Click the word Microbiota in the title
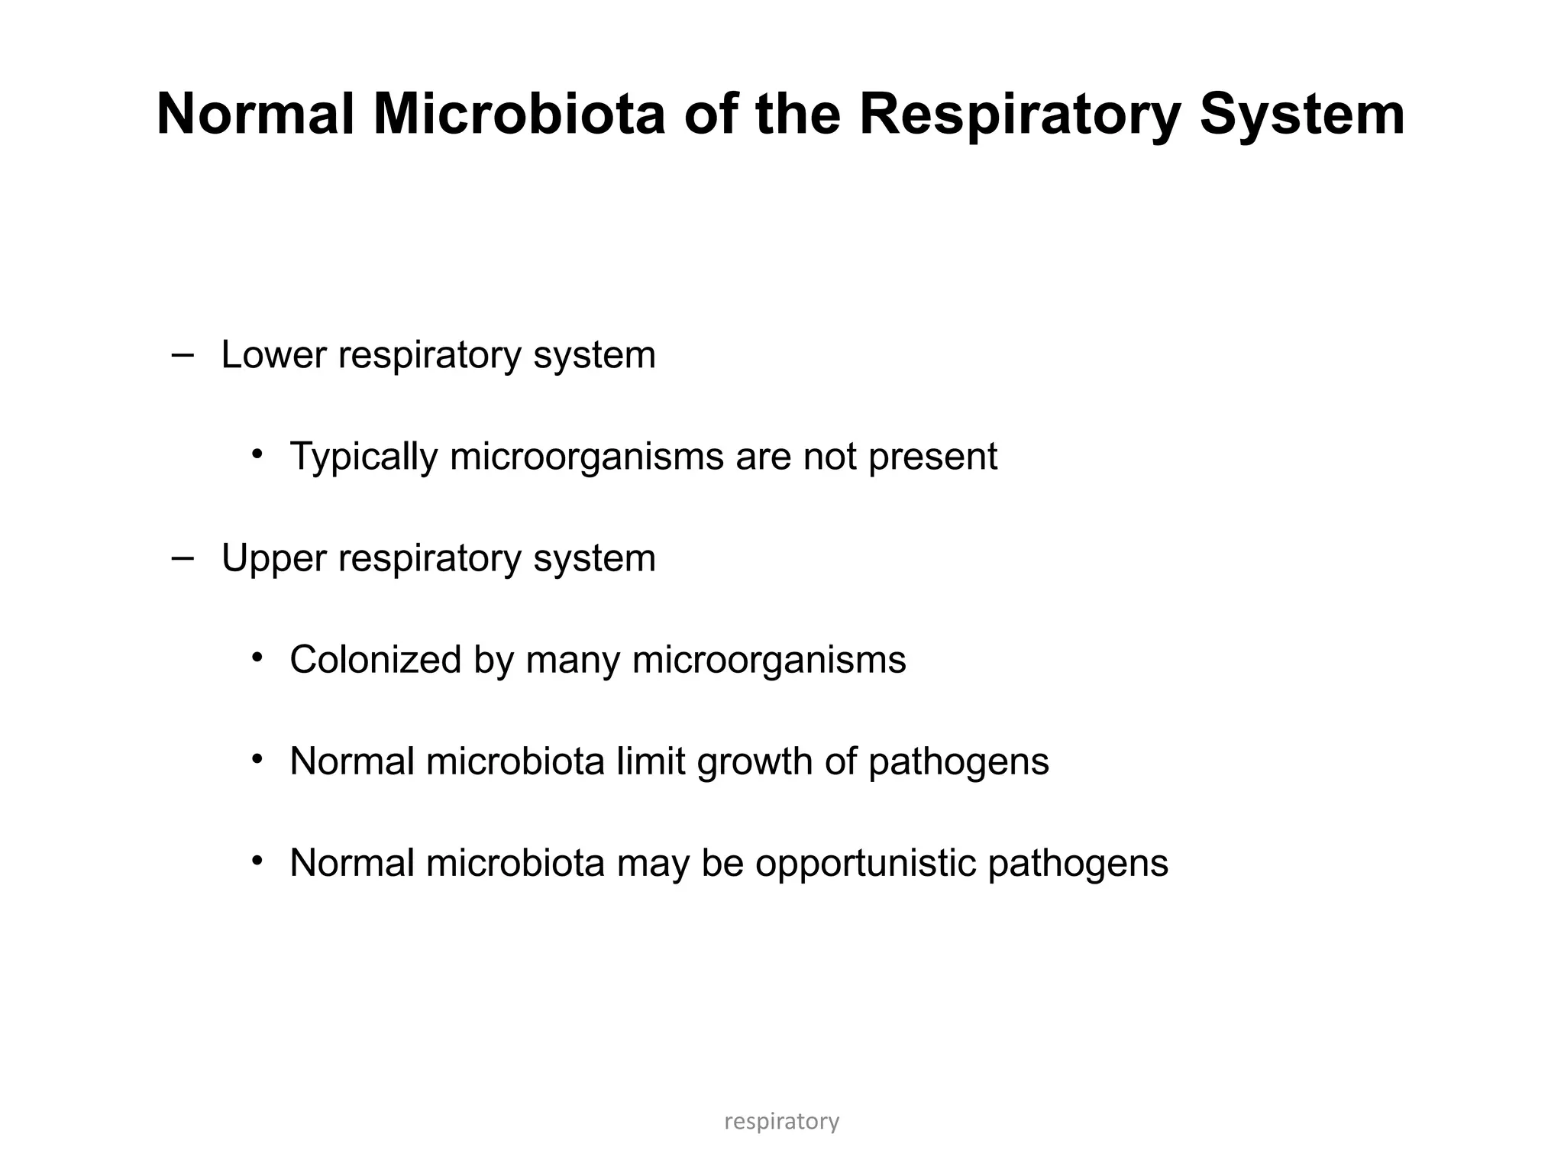[x=519, y=115]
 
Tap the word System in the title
[x=1302, y=115]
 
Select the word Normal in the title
[x=255, y=115]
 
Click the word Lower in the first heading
[x=273, y=355]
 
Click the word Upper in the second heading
[x=273, y=558]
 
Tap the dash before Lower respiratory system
[x=183, y=355]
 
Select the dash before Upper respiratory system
[x=183, y=558]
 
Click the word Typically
[x=364, y=457]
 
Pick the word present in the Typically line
[x=932, y=457]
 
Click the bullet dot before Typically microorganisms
[x=257, y=454]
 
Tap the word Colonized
[x=375, y=660]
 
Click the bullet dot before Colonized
[x=257, y=658]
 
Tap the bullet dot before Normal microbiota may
[x=257, y=861]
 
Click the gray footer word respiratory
[x=781, y=1122]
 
